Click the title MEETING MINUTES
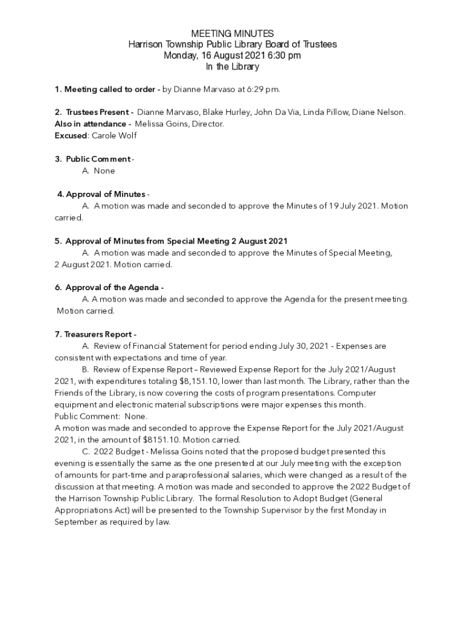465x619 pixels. pos(232,34)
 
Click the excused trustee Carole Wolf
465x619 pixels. pos(114,135)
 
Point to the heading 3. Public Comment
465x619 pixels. pos(93,159)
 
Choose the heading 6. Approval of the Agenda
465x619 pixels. pos(109,288)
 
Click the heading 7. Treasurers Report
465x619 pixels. pos(95,334)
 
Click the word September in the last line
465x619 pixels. pos(75,522)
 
